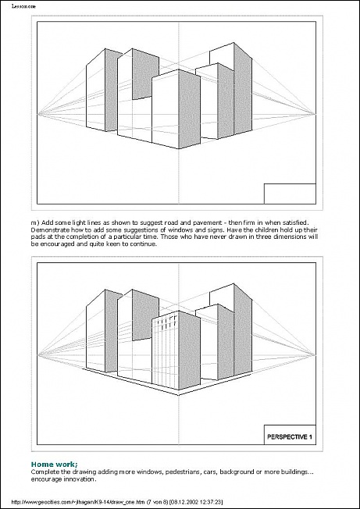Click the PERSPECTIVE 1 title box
pos(290,435)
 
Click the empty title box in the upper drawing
pos(290,194)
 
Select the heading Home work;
pos(55,464)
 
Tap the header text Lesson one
pos(23,6)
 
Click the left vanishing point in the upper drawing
pos(38,114)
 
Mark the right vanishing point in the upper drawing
pos(315,114)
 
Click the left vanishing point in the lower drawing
pos(38,354)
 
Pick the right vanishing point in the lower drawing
pos(315,354)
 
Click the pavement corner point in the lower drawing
pos(179,395)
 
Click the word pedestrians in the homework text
pos(181,472)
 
